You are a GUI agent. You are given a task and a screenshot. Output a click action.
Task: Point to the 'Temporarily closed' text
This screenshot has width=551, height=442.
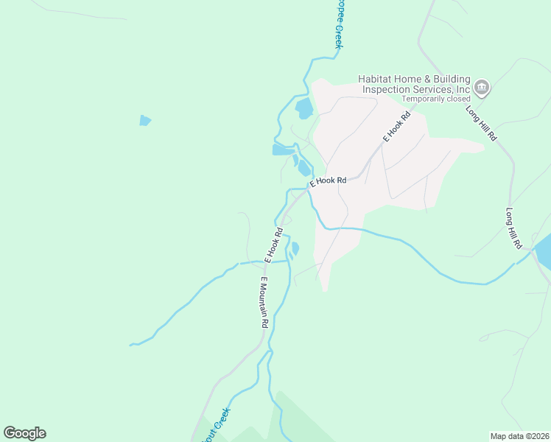coord(436,99)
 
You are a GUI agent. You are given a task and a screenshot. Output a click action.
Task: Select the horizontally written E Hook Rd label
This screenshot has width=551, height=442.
coord(328,180)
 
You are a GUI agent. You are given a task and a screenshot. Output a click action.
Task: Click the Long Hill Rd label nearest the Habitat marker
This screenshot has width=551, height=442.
coord(481,123)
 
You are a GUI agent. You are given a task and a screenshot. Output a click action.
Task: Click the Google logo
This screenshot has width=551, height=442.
coord(24,433)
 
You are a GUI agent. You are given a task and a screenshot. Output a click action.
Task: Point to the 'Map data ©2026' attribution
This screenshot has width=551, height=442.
coord(519,436)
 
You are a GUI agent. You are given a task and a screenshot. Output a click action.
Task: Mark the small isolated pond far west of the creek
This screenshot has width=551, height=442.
coord(145,120)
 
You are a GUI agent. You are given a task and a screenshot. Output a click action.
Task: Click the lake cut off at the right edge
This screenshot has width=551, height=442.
coord(544,252)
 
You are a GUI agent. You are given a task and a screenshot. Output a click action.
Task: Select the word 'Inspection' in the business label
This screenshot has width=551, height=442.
coord(385,89)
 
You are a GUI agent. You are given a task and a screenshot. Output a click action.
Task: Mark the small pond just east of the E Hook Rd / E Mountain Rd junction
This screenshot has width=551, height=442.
coord(295,248)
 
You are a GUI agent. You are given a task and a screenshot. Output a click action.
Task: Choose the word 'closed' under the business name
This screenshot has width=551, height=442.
coord(457,99)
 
